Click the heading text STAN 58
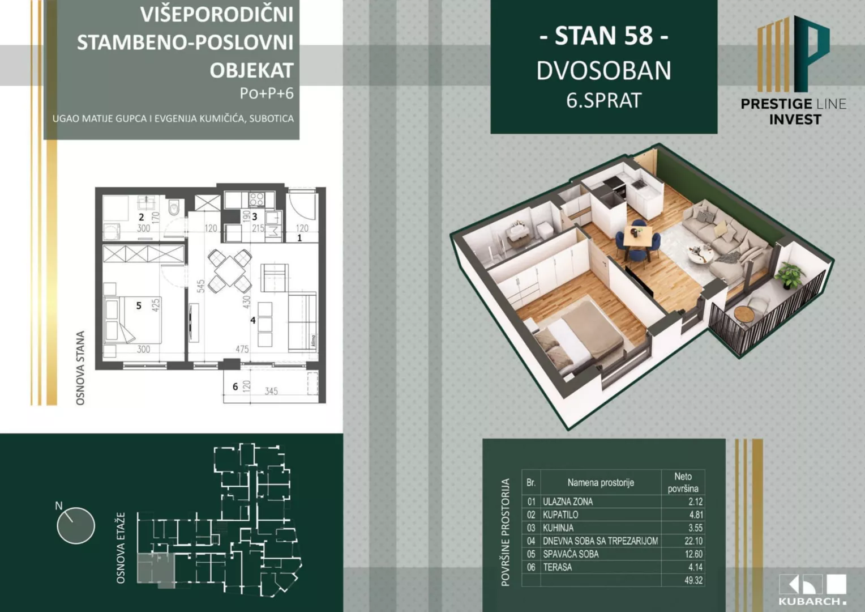point(603,36)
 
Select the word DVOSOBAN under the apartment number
point(603,71)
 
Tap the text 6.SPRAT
point(603,100)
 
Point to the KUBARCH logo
point(812,589)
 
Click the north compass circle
point(75,525)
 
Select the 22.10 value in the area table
point(693,541)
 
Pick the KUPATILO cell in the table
point(560,515)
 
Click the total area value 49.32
point(693,580)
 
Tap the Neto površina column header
point(683,482)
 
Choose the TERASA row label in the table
point(557,567)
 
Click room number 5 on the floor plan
point(139,306)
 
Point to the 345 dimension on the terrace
point(271,391)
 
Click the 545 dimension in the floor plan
point(200,286)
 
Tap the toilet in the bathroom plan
point(174,208)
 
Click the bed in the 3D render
point(577,337)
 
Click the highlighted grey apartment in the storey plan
point(154,568)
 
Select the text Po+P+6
point(266,93)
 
